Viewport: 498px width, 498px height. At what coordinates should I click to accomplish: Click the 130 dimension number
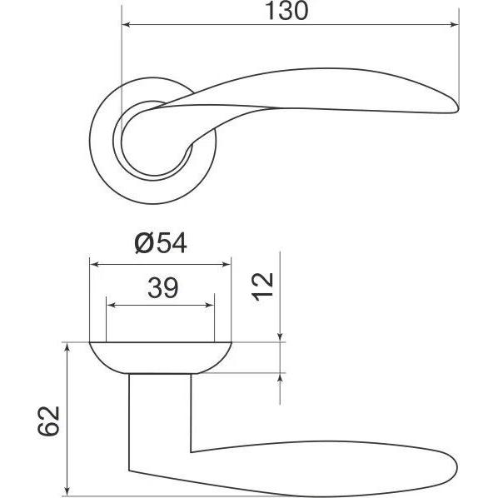[x=286, y=11]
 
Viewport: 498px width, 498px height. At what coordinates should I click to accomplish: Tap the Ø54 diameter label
[x=161, y=243]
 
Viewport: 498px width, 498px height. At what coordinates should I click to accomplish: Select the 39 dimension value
[x=163, y=288]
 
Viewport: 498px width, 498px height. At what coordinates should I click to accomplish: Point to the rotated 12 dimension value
[x=262, y=286]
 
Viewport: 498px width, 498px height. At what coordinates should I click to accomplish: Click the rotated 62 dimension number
[x=48, y=421]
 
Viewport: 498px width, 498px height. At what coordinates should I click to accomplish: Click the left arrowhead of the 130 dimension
[x=126, y=24]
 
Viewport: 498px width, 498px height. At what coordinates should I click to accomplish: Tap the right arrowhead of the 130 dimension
[x=455, y=24]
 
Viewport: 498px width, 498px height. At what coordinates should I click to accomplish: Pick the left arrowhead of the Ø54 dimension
[x=94, y=264]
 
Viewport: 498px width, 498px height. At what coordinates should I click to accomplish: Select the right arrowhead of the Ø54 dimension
[x=227, y=264]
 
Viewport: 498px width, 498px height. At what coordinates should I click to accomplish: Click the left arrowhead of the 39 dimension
[x=111, y=306]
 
